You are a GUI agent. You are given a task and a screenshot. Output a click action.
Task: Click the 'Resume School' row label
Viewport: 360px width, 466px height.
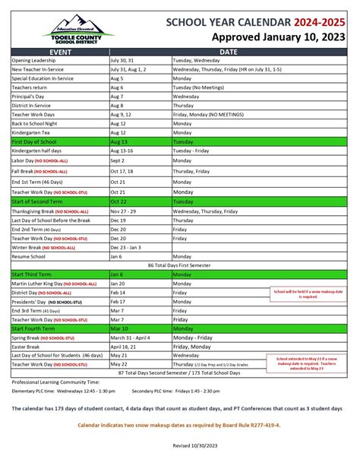pyautogui.click(x=29, y=257)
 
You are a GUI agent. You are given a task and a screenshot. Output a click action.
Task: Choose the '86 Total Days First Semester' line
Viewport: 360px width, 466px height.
pyautogui.click(x=179, y=265)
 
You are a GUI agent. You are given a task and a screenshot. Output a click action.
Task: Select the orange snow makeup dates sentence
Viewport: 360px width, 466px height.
pyautogui.click(x=179, y=425)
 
